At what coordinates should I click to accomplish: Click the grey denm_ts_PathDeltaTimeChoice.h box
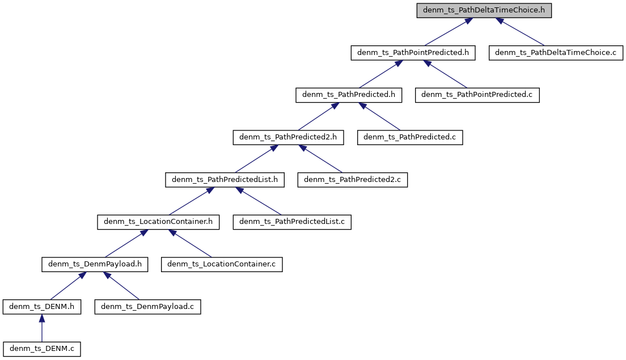point(484,10)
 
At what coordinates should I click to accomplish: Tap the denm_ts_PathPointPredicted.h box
point(413,53)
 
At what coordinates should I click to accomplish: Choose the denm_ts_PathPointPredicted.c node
point(477,95)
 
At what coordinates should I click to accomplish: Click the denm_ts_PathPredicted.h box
point(349,95)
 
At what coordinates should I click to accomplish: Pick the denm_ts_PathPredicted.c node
point(410,137)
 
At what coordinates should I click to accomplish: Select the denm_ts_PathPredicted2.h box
point(288,137)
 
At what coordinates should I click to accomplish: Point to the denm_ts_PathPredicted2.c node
point(353,180)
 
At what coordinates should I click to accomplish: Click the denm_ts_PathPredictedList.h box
point(225,180)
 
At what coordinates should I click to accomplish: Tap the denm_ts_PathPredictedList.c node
point(292,222)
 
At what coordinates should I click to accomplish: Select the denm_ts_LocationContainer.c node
point(222,264)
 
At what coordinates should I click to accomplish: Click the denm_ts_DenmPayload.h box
point(95,264)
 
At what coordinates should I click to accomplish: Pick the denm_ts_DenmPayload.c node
point(147,307)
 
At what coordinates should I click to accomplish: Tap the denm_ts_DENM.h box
point(41,307)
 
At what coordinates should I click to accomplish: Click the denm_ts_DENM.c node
point(41,349)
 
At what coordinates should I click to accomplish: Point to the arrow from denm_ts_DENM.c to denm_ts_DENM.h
point(41,328)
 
